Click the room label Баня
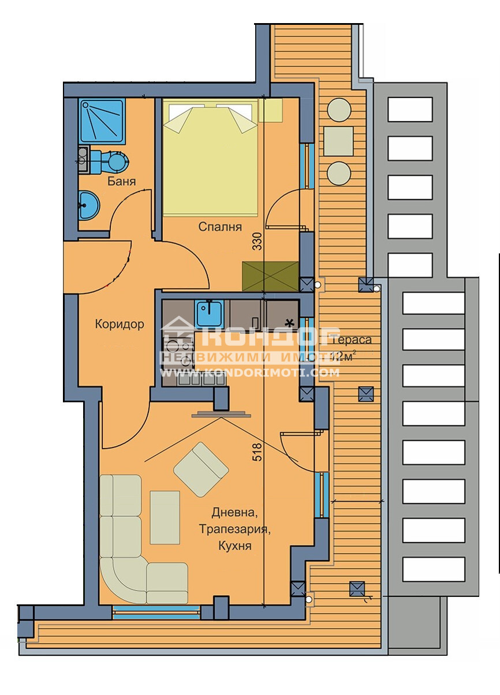pyautogui.click(x=122, y=182)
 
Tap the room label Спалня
pyautogui.click(x=219, y=226)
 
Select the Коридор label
pyautogui.click(x=120, y=324)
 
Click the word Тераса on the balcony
pyautogui.click(x=352, y=340)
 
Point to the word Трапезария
pyautogui.click(x=234, y=529)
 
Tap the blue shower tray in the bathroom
pyautogui.click(x=102, y=121)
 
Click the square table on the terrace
pyautogui.click(x=338, y=141)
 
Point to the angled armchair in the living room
pyautogui.click(x=201, y=469)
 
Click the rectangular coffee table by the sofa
pyautogui.click(x=165, y=517)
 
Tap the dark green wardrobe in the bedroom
pyautogui.click(x=271, y=276)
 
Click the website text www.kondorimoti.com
pyautogui.click(x=249, y=373)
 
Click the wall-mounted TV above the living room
pyautogui.click(x=222, y=413)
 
